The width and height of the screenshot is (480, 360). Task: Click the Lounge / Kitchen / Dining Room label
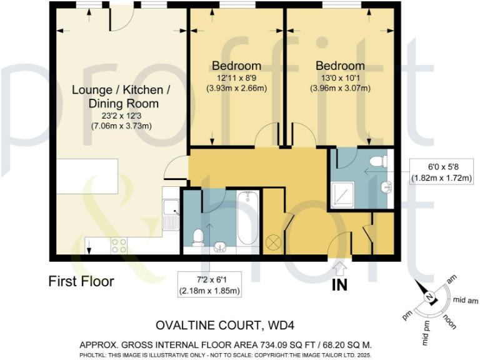click(121, 96)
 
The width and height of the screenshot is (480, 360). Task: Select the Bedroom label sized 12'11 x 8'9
click(236, 66)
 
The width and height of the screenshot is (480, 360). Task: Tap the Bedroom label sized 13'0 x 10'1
click(339, 66)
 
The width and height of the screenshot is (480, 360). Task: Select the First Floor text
click(81, 282)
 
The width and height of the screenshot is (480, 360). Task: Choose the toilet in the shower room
click(379, 162)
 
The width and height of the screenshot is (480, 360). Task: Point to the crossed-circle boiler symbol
click(273, 241)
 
